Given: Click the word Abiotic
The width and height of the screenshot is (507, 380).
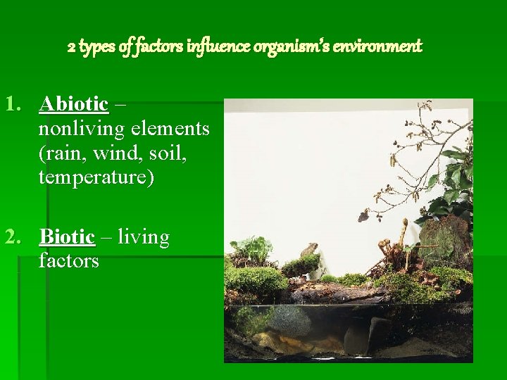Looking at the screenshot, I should (74, 104).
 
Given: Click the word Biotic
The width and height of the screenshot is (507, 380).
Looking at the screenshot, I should (67, 237).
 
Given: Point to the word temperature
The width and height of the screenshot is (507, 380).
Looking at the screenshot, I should (96, 177).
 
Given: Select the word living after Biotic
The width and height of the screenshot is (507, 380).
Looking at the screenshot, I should (144, 238).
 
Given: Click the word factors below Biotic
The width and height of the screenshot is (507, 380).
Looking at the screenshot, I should (69, 262).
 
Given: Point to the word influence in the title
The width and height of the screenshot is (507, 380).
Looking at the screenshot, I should (211, 47).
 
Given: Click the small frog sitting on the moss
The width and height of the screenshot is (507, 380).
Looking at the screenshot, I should (308, 251).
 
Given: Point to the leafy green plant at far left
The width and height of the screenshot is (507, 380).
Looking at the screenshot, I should (250, 250).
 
